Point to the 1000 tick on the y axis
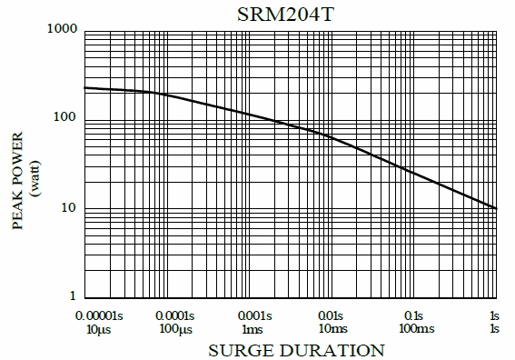pyautogui.click(x=61, y=30)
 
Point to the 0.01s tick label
pyautogui.click(x=332, y=315)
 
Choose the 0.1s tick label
pyautogui.click(x=414, y=315)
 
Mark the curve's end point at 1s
pyautogui.click(x=496, y=208)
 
